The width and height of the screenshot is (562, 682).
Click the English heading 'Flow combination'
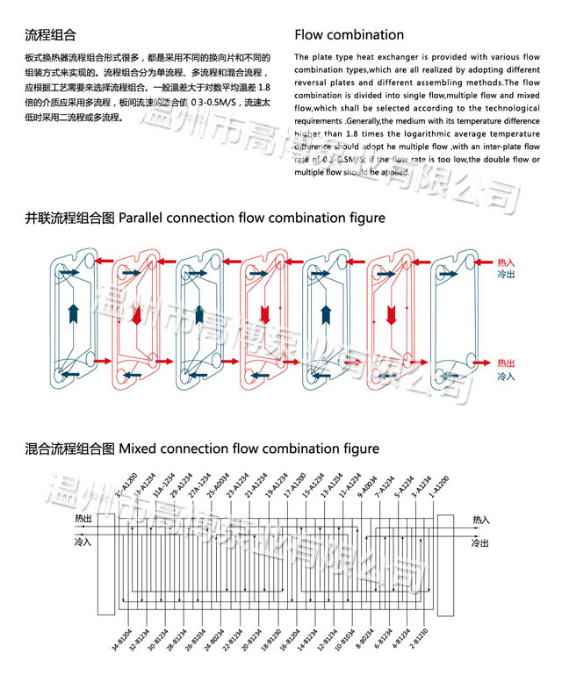tap(349, 35)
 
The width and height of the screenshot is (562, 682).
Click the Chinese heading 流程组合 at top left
tap(50, 35)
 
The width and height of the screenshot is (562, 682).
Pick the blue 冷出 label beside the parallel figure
tap(506, 275)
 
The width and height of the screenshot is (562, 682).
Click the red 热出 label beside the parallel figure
tap(506, 362)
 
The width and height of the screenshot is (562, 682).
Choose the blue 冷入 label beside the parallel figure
tap(506, 376)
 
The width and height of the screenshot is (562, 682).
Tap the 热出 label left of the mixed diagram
tap(83, 520)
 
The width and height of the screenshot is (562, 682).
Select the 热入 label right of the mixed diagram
tap(481, 520)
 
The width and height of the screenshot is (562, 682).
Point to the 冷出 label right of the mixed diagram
tap(480, 543)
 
